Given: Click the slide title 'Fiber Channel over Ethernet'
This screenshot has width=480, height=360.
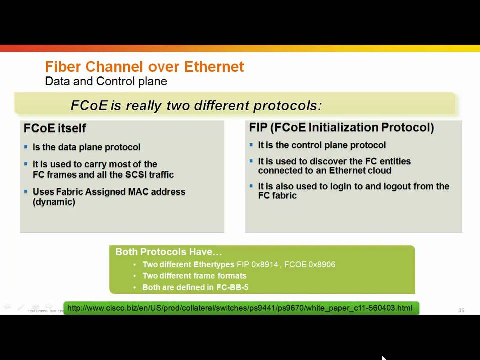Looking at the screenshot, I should click(144, 67).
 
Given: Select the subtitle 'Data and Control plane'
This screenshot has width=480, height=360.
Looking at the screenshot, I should click(106, 81).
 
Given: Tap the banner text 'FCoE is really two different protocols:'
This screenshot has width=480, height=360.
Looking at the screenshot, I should click(196, 105).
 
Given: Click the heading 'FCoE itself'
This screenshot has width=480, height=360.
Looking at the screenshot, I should click(55, 128).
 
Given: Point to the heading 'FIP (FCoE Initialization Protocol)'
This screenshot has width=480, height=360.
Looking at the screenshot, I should click(341, 128).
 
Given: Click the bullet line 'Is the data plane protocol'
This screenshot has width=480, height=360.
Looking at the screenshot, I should click(86, 147).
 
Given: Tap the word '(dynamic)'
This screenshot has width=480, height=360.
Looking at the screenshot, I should click(54, 202).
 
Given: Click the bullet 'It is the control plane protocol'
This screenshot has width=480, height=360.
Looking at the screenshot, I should click(322, 145).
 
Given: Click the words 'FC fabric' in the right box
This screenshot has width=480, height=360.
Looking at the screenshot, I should click(277, 195).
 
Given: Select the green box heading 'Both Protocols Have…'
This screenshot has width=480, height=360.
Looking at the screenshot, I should click(168, 252).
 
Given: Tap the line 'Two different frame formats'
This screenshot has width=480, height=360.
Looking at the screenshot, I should click(194, 276).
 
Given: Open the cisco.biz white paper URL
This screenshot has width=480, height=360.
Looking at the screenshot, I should click(240, 308).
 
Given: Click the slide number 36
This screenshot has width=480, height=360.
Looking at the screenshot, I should click(461, 311).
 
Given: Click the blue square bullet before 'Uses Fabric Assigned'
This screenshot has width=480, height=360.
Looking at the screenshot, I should click(26, 191).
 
